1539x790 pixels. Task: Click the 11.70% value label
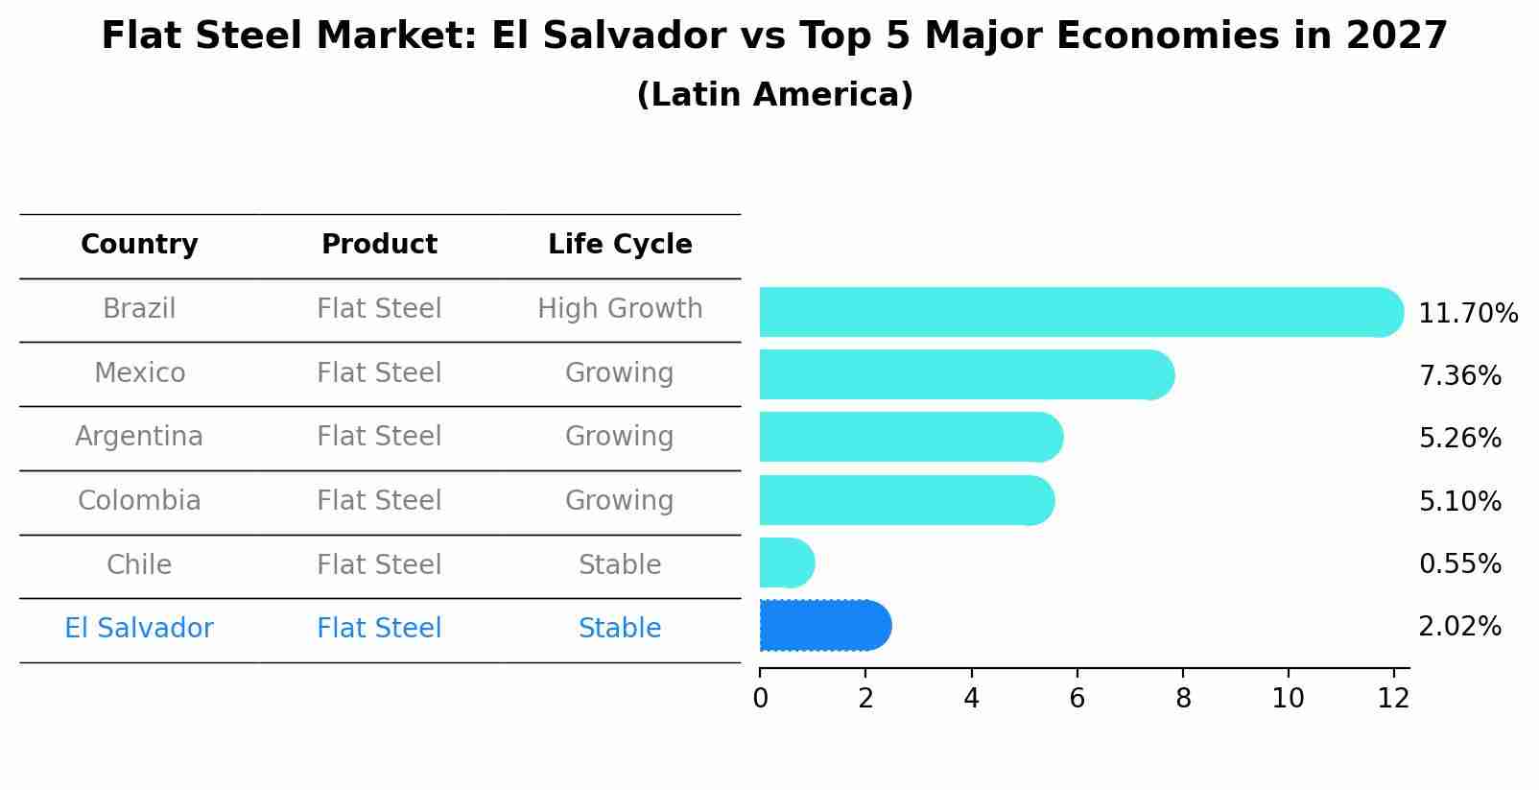point(1467,314)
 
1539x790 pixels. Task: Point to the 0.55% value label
point(1459,563)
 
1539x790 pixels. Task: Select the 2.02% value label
point(1459,627)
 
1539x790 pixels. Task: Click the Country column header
point(139,245)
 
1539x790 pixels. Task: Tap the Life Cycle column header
point(620,245)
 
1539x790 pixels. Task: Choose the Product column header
point(379,245)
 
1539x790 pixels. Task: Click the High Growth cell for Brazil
point(620,309)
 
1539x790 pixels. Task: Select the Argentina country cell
point(139,437)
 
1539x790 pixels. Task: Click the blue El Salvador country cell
point(139,629)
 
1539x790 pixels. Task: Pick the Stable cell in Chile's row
point(620,565)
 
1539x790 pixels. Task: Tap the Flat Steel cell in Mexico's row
point(379,373)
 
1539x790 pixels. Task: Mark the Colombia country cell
point(139,501)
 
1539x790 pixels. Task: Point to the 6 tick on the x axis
point(1077,699)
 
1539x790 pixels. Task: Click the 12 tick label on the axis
point(1393,699)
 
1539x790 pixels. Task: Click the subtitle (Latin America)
point(774,95)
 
